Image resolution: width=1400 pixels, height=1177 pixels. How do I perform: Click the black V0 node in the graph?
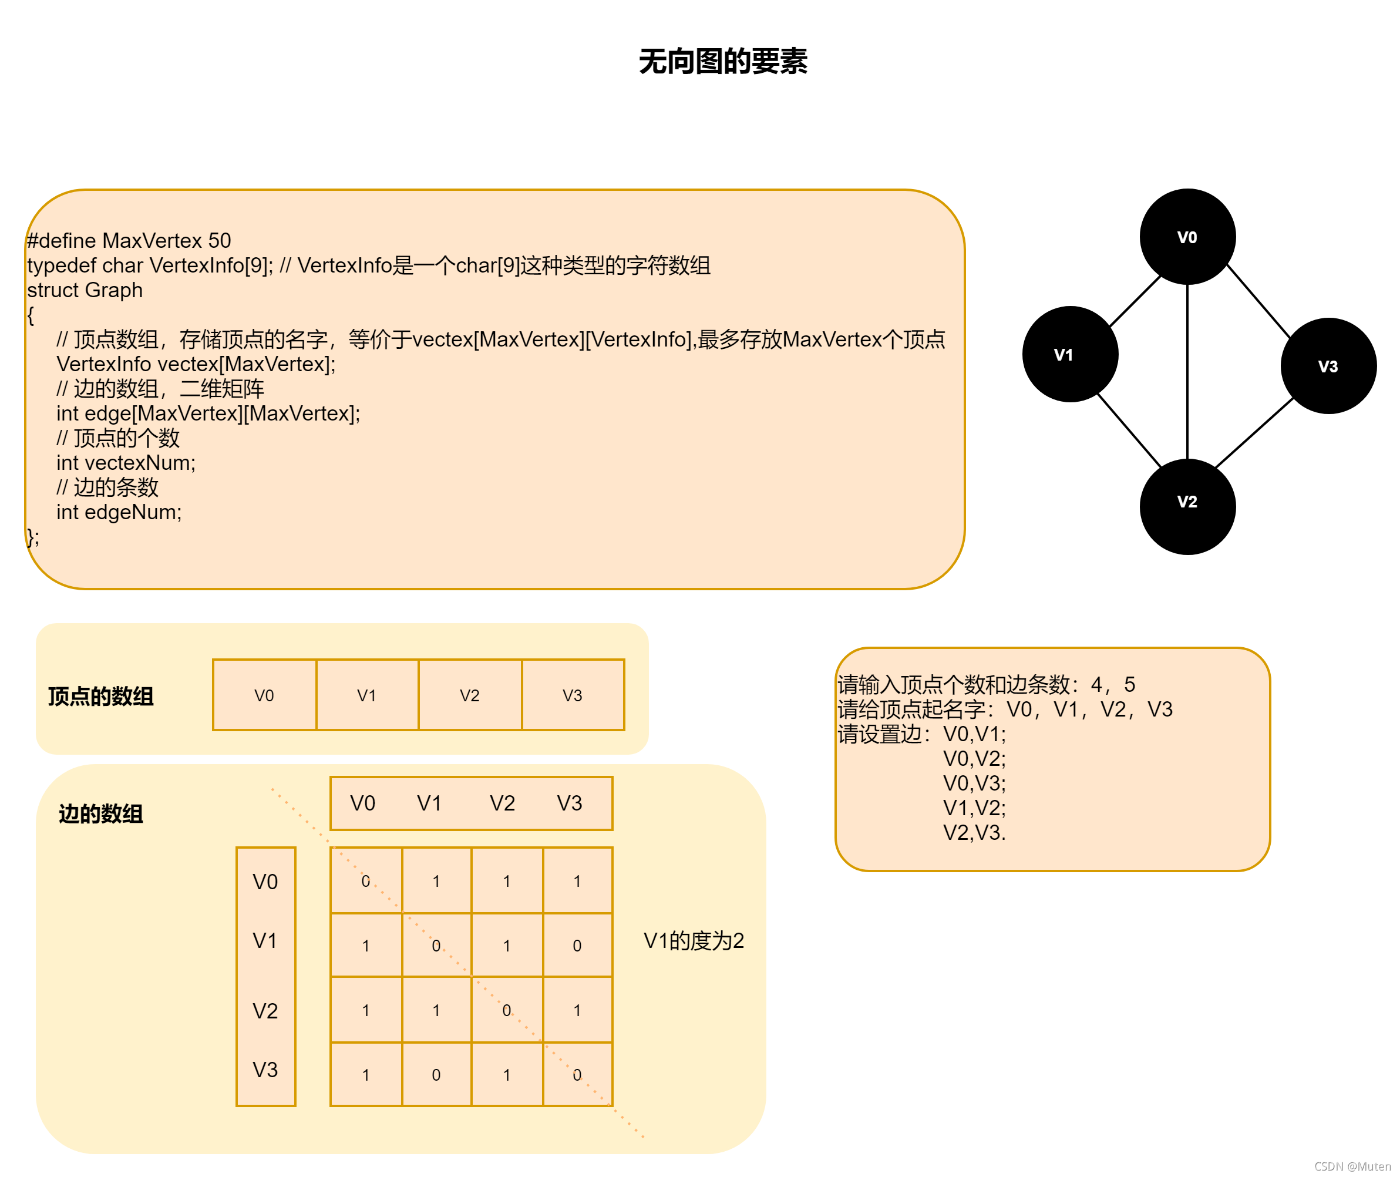click(1187, 237)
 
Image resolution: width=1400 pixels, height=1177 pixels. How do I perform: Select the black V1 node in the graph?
click(1070, 354)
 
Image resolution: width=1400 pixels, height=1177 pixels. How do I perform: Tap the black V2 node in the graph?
click(1187, 506)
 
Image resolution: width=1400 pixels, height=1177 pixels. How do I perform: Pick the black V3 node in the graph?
click(1328, 366)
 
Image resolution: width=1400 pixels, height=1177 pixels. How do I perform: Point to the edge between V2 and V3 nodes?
click(1254, 433)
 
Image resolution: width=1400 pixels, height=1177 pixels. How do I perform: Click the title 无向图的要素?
click(723, 62)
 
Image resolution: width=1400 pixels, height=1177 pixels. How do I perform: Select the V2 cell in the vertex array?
click(470, 695)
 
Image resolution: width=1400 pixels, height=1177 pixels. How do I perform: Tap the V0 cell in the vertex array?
click(264, 695)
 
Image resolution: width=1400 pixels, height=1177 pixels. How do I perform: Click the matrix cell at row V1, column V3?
click(577, 946)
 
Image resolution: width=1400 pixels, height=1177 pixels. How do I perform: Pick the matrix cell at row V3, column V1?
click(436, 1075)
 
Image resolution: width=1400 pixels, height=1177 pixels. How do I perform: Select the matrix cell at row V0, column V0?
click(365, 881)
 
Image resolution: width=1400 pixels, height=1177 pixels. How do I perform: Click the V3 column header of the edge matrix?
click(570, 803)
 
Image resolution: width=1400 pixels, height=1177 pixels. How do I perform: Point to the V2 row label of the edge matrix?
click(265, 1011)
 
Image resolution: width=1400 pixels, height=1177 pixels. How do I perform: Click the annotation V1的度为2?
click(694, 941)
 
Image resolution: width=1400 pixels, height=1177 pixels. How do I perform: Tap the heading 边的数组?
click(101, 814)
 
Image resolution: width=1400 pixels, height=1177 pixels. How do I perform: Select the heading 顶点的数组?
click(101, 697)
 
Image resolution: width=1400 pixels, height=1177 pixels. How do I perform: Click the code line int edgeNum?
click(119, 512)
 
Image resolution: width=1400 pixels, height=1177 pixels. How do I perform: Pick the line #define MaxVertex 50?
click(129, 240)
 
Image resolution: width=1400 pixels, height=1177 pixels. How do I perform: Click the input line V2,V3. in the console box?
click(974, 833)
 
